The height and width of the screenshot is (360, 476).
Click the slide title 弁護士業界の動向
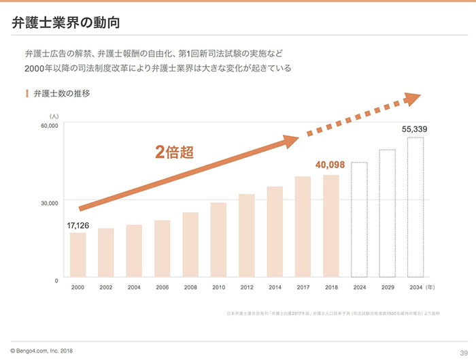(66, 22)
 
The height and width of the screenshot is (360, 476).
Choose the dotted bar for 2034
(415, 208)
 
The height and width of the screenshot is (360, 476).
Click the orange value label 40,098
(331, 165)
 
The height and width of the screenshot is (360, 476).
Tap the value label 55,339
(415, 129)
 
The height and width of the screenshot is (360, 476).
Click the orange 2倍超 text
(175, 152)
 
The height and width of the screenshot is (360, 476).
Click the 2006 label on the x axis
(162, 288)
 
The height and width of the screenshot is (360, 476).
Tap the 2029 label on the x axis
(387, 288)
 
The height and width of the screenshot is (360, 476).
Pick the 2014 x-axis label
(275, 288)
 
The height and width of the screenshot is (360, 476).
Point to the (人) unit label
(54, 116)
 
